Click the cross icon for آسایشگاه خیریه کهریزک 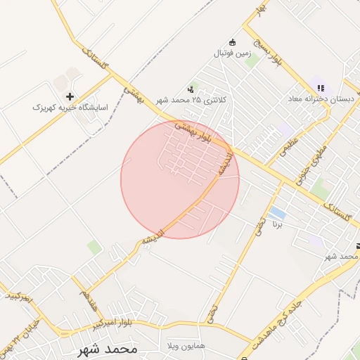point(70,96)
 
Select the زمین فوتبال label point(232,53)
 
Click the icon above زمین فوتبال point(233,41)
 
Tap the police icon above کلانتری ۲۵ point(191,89)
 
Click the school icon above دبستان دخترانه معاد point(321,89)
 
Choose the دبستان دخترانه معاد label point(321,100)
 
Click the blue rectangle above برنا point(278,212)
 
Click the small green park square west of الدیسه point(94,247)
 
